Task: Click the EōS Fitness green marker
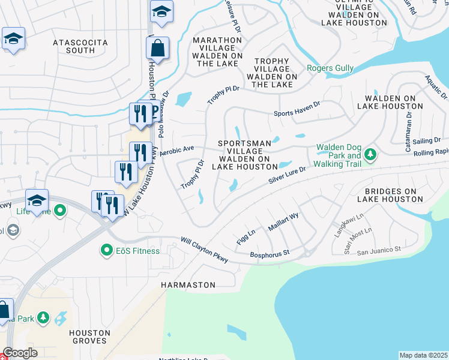pos(107,250)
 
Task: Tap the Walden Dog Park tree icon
pos(370,155)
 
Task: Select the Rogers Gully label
pos(330,68)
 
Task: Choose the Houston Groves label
pos(89,337)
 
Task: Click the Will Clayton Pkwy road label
pos(205,250)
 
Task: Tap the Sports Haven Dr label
pos(297,112)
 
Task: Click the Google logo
pos(20,353)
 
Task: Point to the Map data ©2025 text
pos(423,355)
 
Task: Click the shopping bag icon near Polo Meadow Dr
pos(157,48)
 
